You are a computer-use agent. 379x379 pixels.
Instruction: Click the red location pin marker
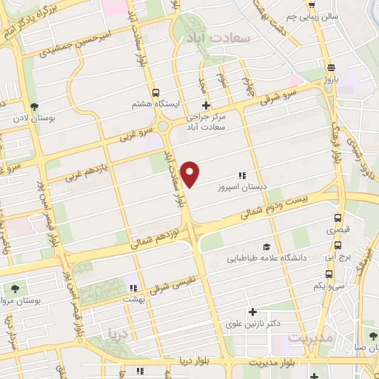tap(191, 173)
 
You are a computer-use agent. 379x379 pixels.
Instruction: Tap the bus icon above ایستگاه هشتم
tap(155, 93)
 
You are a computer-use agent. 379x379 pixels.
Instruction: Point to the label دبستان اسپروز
tap(241, 187)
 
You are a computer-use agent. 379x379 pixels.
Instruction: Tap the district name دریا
tap(118, 334)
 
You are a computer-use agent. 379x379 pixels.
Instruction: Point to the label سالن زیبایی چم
tap(315, 15)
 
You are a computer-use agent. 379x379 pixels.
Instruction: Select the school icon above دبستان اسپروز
tap(241, 175)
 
